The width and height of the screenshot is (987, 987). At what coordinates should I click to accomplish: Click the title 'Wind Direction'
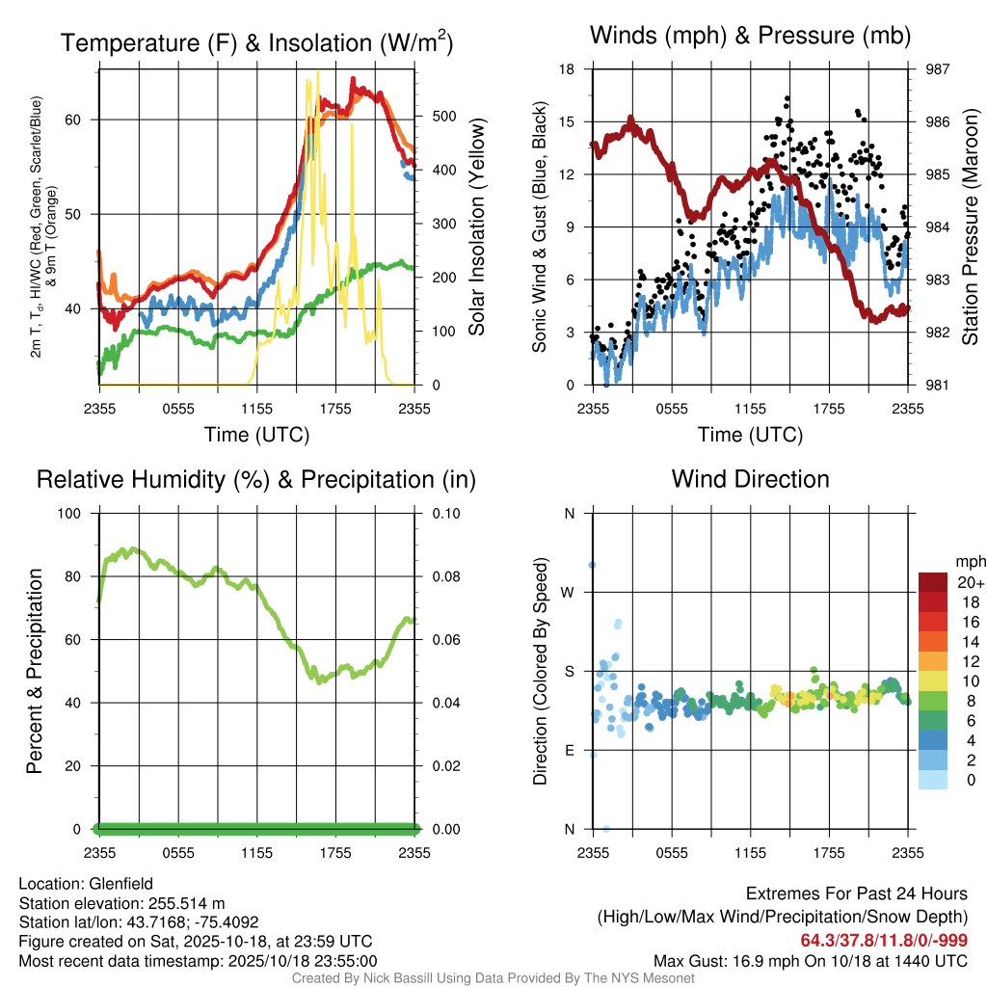pos(750,479)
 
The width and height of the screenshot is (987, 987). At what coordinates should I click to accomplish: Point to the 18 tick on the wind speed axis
pos(567,69)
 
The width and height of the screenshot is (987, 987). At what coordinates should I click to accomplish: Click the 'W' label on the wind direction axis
pos(569,592)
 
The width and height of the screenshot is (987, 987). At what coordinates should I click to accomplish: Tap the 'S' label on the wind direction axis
pos(569,671)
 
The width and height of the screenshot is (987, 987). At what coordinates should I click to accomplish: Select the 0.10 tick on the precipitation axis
pos(444,513)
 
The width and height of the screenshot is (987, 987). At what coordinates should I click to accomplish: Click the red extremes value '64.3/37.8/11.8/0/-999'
pos(884,941)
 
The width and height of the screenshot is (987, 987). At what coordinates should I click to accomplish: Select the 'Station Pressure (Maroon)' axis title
pos(971,227)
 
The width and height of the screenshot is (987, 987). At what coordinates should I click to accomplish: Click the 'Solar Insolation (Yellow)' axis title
pos(476,227)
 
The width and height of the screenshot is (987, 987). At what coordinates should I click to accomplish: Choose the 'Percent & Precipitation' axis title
pos(35,671)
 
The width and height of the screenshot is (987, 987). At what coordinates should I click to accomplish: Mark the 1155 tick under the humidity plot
pos(257,853)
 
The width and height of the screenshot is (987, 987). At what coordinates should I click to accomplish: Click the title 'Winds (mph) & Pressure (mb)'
pos(750,37)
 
